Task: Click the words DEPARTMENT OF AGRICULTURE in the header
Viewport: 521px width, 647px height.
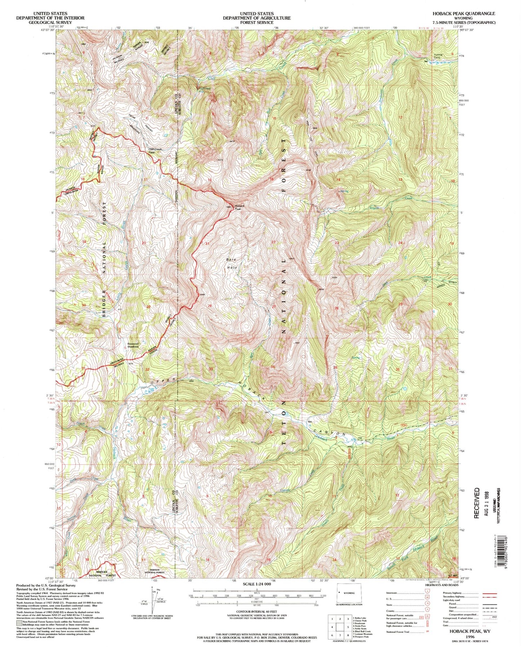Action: pyautogui.click(x=256, y=18)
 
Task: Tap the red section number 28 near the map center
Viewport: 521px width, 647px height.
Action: pyautogui.click(x=209, y=306)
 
